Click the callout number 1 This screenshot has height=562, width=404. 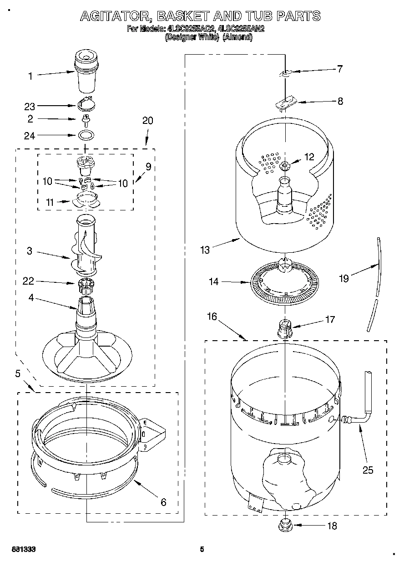pos(31,77)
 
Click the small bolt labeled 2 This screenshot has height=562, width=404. pos(85,119)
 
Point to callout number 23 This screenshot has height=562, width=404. pos(30,106)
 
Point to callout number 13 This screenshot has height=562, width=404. pos(205,250)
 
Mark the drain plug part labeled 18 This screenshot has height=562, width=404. pos(285,525)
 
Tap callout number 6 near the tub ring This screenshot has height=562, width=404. pos(163,502)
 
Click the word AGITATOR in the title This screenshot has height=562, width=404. pos(116,16)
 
